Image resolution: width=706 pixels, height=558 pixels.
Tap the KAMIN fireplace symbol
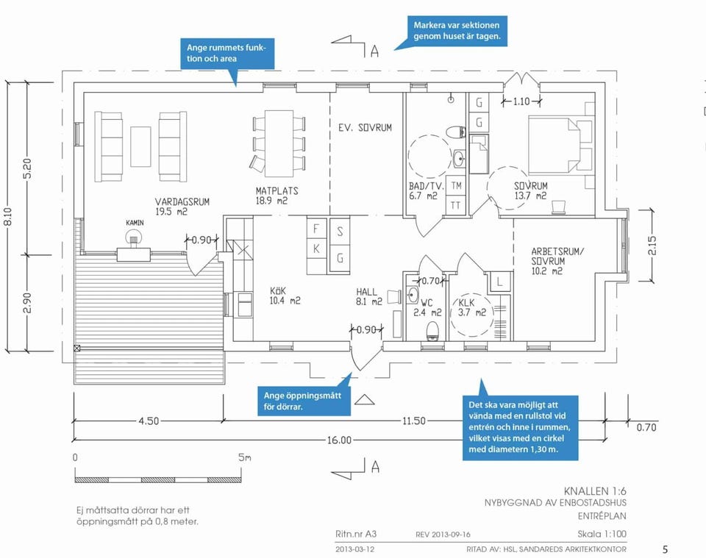(133, 236)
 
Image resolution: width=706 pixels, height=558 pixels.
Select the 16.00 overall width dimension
(339, 440)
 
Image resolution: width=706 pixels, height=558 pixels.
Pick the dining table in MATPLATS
(279, 143)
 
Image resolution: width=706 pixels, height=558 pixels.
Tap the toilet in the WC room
(432, 330)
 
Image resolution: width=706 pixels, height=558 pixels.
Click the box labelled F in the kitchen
(317, 228)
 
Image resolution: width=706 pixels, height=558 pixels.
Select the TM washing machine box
(456, 185)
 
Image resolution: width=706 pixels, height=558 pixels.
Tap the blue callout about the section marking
(457, 31)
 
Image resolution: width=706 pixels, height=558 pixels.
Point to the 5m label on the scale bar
(245, 458)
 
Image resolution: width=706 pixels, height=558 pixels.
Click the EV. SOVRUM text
(366, 128)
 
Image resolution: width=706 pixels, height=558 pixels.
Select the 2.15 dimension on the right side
(652, 246)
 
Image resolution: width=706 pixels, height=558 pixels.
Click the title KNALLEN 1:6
(595, 491)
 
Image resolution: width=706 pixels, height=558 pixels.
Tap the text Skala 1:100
(602, 534)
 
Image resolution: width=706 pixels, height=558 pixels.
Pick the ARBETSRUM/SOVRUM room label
(557, 261)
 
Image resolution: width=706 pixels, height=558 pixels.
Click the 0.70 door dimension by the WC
(430, 281)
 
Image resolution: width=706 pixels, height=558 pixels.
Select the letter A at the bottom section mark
(376, 467)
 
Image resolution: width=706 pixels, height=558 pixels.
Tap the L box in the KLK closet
(499, 282)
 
